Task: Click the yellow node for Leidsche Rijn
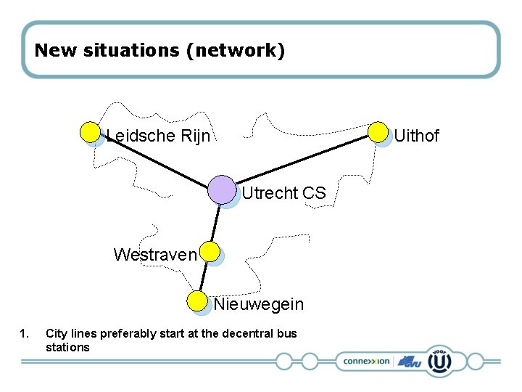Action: tap(90, 132)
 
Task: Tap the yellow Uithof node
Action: tap(378, 131)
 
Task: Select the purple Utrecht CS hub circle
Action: tap(222, 189)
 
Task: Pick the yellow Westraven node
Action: tap(210, 252)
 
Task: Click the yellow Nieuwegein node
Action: tap(196, 301)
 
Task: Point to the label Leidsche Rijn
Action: tap(159, 136)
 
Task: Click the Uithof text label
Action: tap(416, 136)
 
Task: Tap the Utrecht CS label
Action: tap(283, 194)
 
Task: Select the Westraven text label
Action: tap(155, 255)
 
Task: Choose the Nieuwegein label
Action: tap(259, 304)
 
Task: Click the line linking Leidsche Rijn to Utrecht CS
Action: tap(156, 161)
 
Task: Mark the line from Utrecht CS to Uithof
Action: tap(304, 159)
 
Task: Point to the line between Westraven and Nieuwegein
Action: tap(203, 277)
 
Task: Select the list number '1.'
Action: tap(25, 334)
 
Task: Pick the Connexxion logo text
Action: tap(367, 361)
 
